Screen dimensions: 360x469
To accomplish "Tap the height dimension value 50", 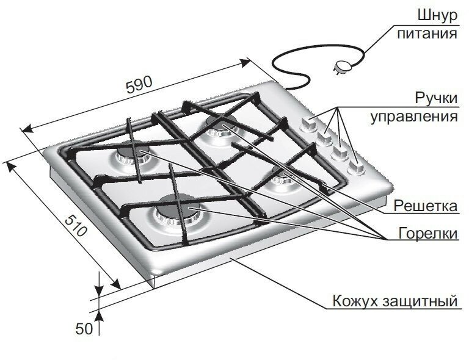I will pyautogui.click(x=83, y=328).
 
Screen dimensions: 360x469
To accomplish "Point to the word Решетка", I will pyautogui.click(x=426, y=206).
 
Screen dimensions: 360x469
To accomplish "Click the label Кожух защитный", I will pyautogui.click(x=394, y=301).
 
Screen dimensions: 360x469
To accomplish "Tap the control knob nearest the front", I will pyautogui.click(x=357, y=166).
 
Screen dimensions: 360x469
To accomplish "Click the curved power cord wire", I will pyautogui.click(x=287, y=58).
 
